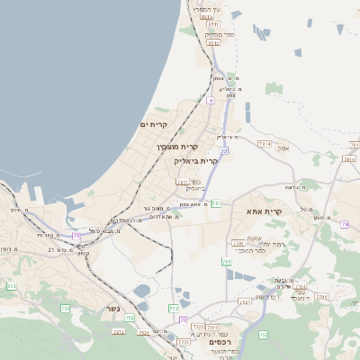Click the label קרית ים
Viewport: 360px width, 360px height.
pyautogui.click(x=155, y=124)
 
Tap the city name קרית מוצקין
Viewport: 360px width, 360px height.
pyautogui.click(x=177, y=146)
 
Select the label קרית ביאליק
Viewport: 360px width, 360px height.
pyautogui.click(x=196, y=161)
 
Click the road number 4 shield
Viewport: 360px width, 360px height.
pyautogui.click(x=210, y=101)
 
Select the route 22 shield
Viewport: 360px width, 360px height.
pyautogui.click(x=224, y=151)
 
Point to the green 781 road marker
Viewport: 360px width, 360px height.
pyautogui.click(x=216, y=204)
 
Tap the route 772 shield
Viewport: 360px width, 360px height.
pyautogui.click(x=173, y=309)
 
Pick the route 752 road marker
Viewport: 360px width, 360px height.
pyautogui.click(x=130, y=318)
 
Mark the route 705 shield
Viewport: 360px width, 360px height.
pyautogui.click(x=65, y=309)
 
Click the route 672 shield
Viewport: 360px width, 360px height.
pyautogui.click(x=12, y=286)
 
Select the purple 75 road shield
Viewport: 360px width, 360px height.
pyautogui.click(x=76, y=236)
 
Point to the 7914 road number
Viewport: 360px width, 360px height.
pyautogui.click(x=264, y=143)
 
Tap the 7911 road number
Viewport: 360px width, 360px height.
pyautogui.click(x=183, y=182)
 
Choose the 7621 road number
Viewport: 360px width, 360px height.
pyautogui.click(x=245, y=301)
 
